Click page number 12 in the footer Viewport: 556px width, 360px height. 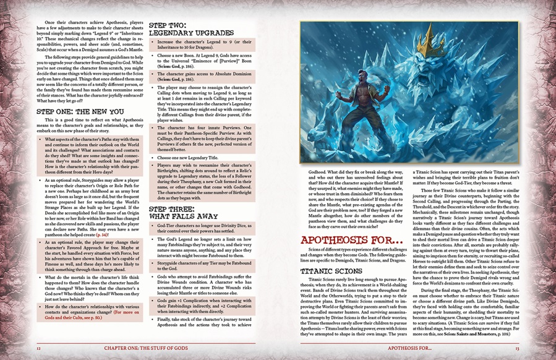coord(38,348)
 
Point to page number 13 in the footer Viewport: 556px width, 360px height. coord(517,348)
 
